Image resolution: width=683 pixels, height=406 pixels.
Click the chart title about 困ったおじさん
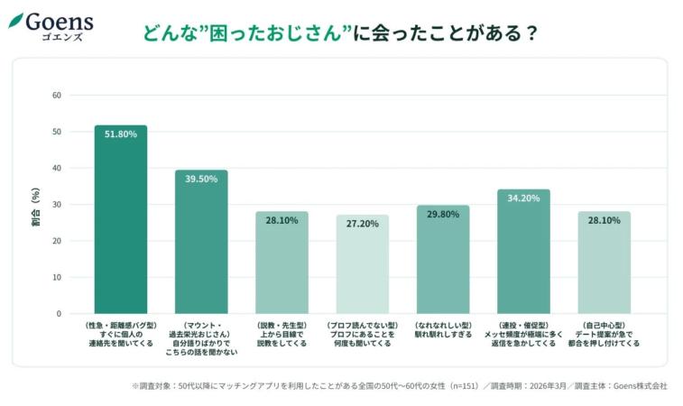[x=341, y=33]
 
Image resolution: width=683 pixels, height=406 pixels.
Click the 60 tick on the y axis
[x=57, y=95]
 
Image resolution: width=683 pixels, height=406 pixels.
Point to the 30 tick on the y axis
[x=57, y=205]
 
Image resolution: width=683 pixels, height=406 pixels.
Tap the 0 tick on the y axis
[x=59, y=314]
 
